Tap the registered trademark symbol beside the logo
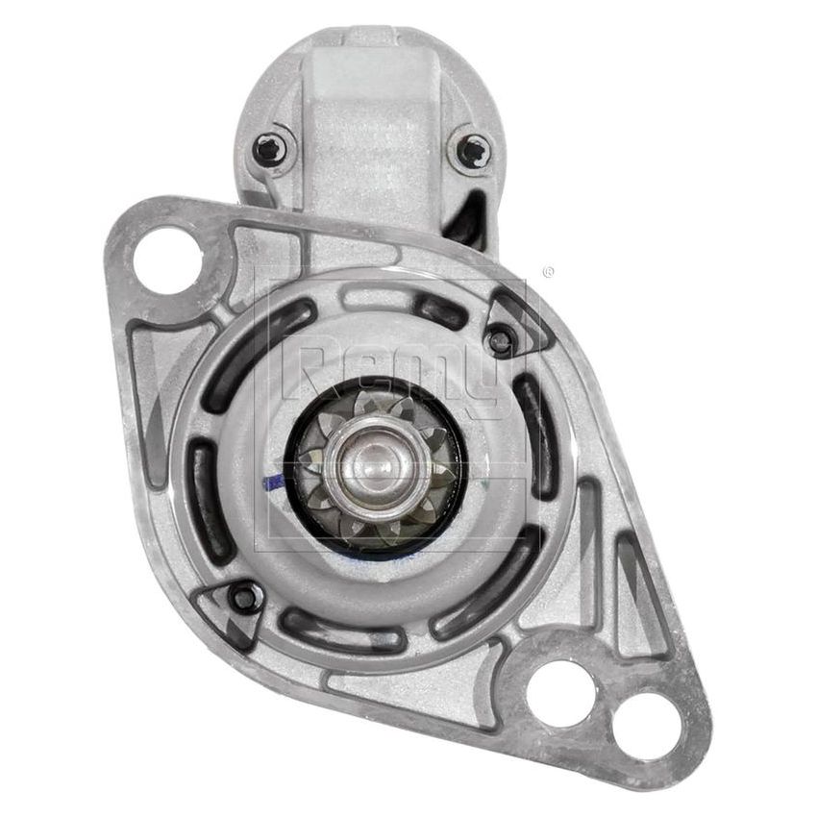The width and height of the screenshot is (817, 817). click(x=549, y=273)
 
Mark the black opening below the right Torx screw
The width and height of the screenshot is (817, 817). click(x=471, y=216)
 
